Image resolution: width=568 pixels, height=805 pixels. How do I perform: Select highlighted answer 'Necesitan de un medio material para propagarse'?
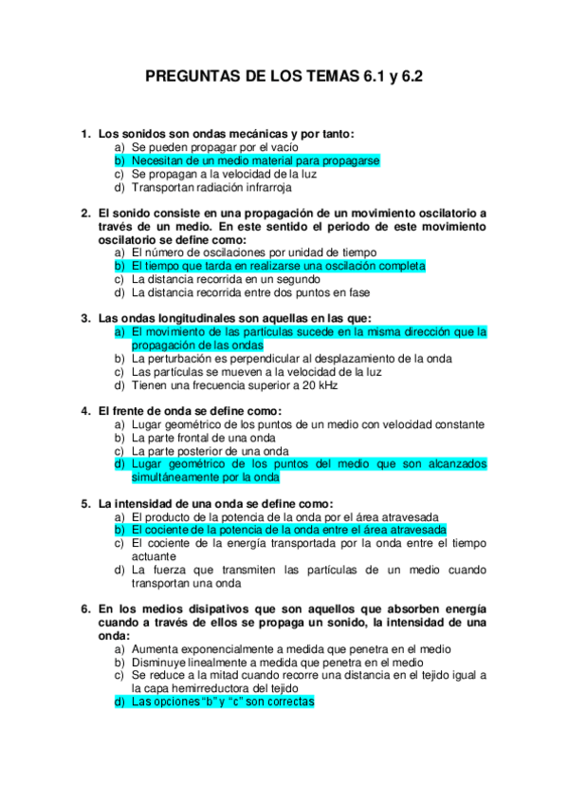255,161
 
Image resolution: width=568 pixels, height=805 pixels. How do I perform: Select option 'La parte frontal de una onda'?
204,438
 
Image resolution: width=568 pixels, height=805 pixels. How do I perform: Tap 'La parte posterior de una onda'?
211,451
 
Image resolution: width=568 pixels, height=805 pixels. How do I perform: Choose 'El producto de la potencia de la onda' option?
271,516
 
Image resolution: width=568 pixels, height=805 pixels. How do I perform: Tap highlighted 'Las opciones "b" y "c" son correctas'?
223,702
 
